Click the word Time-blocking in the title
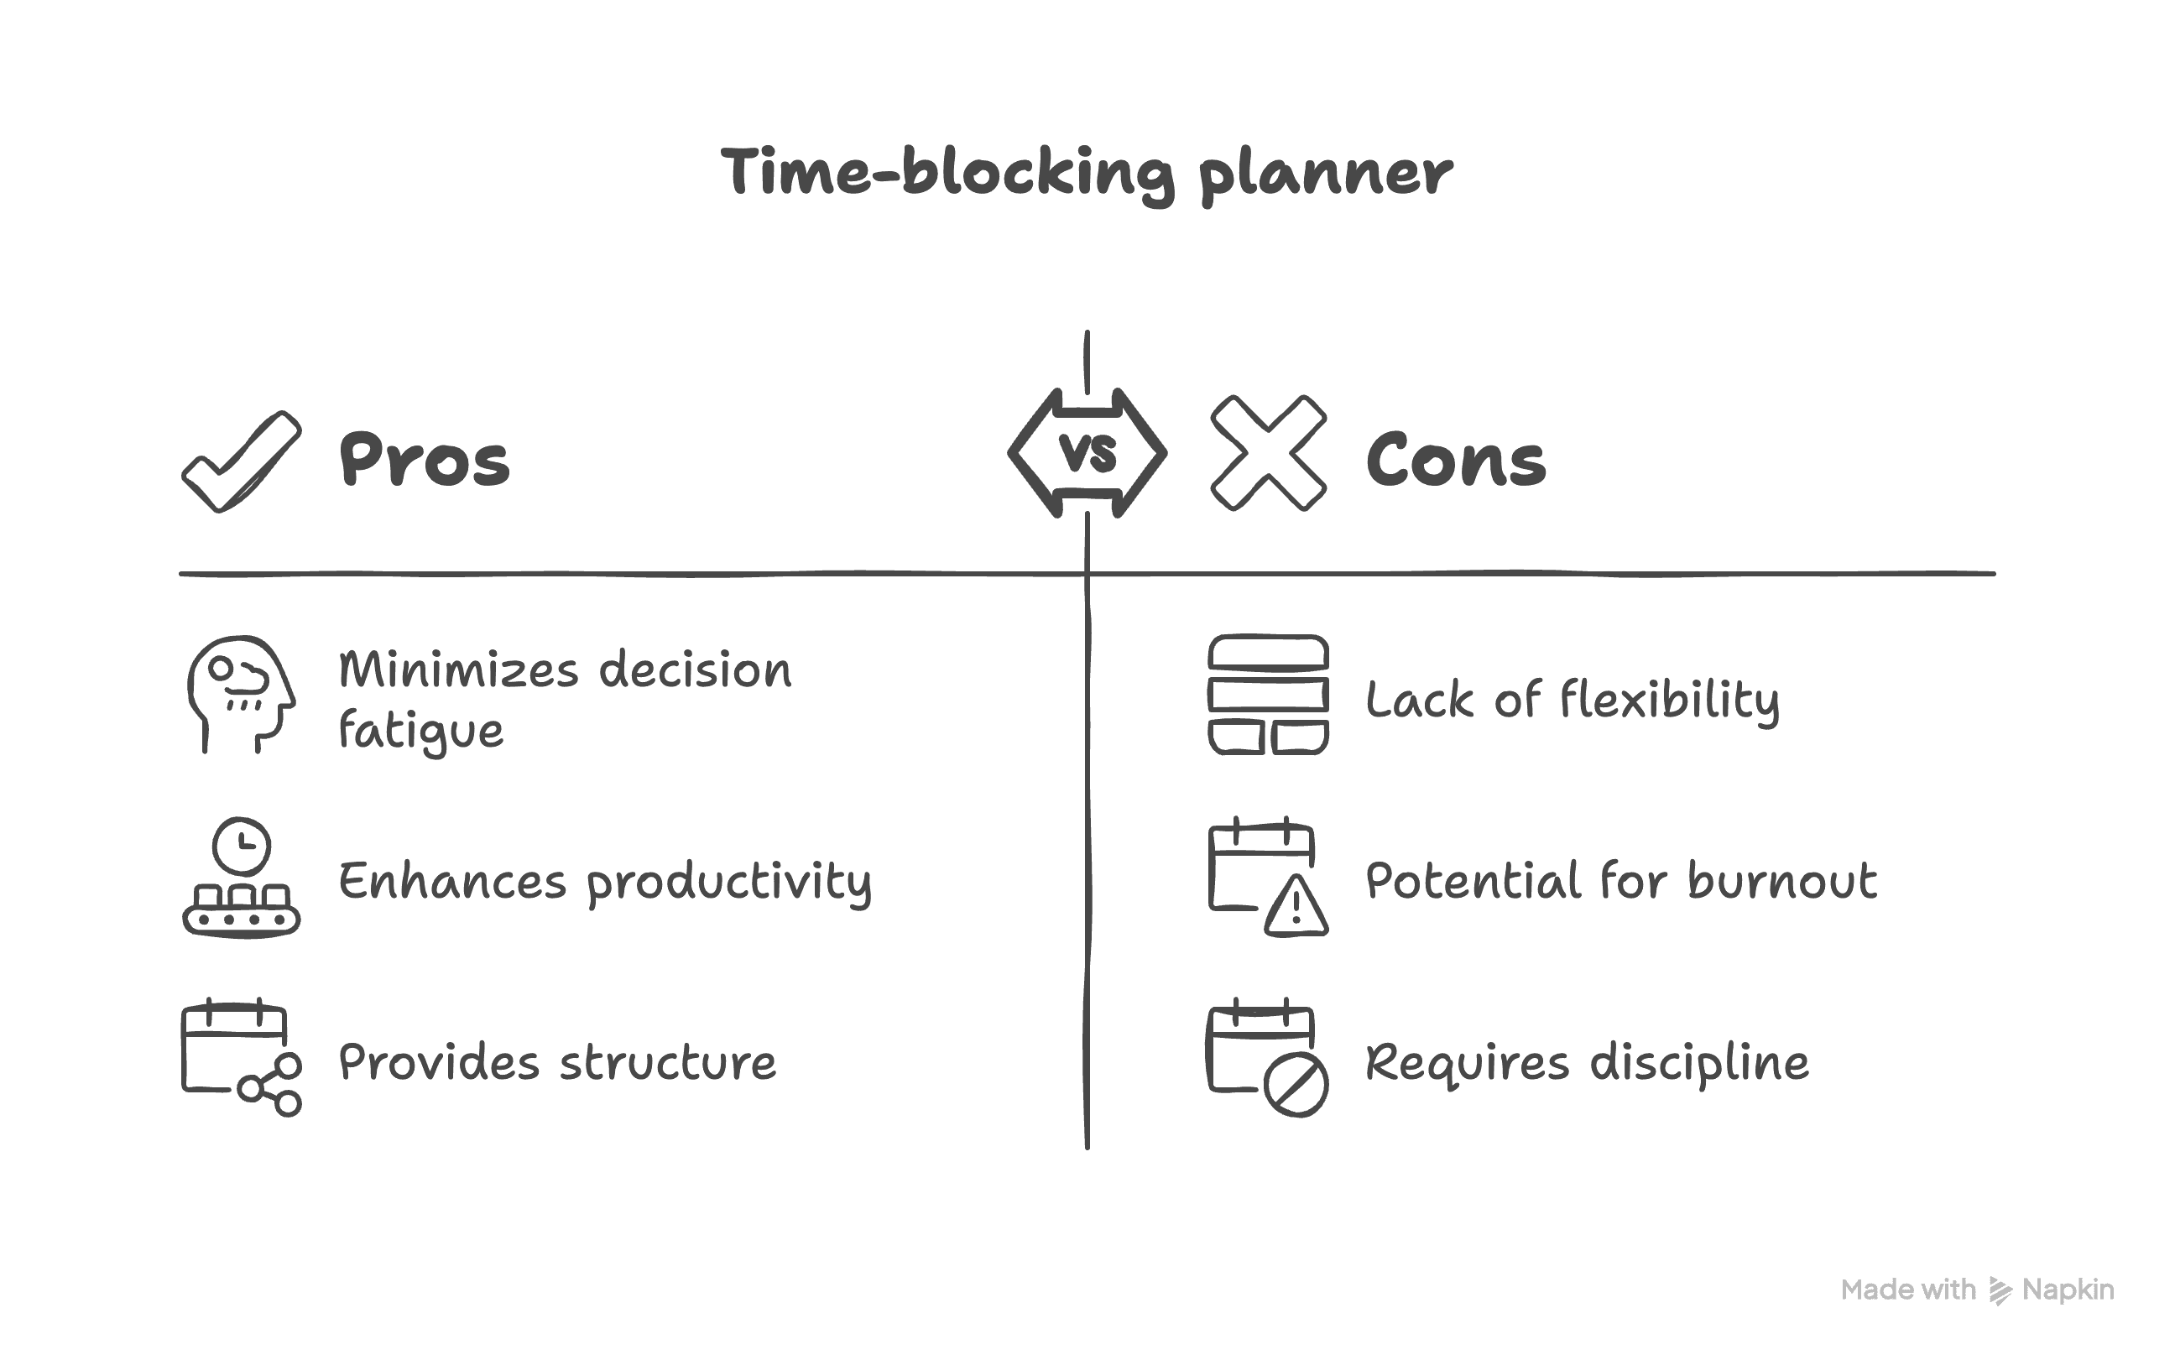pos(947,173)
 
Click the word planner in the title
pos(1325,175)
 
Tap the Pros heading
pos(424,460)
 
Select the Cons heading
pos(1455,460)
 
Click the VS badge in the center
pos(1087,452)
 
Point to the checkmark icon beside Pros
pos(241,461)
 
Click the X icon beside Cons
pos(1268,453)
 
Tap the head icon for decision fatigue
pos(240,694)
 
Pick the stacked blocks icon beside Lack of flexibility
pos(1268,695)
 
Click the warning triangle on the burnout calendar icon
pos(1296,907)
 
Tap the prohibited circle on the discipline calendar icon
pos(1296,1085)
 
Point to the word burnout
pos(1782,881)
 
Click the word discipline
pos(1699,1063)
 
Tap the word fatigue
pos(421,732)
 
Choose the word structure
pos(667,1062)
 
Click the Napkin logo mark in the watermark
pos(1999,1290)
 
